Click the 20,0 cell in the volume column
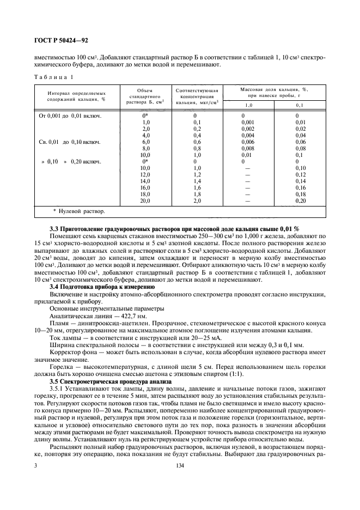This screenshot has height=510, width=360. [x=145, y=201]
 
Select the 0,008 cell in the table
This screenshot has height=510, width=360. [x=247, y=148]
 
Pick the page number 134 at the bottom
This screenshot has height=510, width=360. [x=180, y=466]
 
